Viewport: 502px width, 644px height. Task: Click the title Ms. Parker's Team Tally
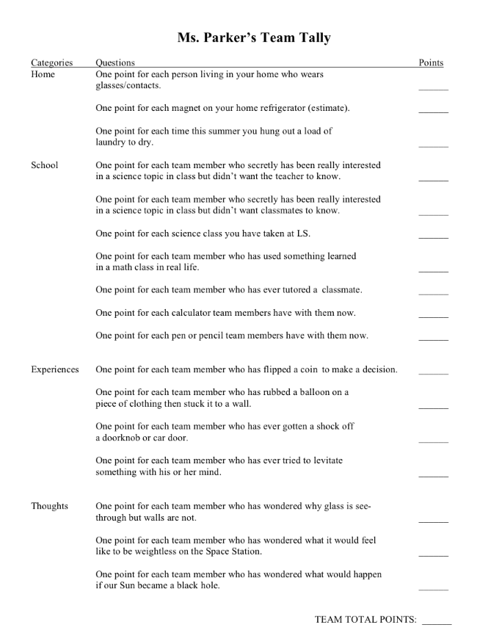tap(253, 37)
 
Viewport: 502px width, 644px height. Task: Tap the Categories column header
tap(51, 63)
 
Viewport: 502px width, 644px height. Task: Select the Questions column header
tap(115, 63)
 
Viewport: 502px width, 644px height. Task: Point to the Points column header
tap(431, 63)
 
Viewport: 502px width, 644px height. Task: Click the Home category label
tap(43, 74)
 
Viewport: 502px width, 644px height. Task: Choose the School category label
tap(44, 165)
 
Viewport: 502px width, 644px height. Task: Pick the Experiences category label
tap(54, 369)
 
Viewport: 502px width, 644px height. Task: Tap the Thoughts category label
tap(49, 506)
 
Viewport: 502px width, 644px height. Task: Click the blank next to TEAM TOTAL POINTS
tap(437, 623)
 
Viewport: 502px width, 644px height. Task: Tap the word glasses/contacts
tap(128, 86)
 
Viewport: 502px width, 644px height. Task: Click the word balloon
tap(313, 392)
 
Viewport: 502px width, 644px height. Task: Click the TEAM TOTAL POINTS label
tap(365, 620)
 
